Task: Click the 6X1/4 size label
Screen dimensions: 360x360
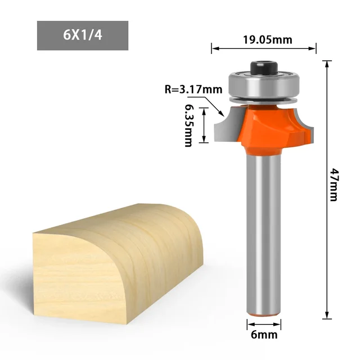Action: (82, 36)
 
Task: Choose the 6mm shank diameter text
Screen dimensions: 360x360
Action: (264, 335)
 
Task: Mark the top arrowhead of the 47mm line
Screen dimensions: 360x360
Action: (326, 63)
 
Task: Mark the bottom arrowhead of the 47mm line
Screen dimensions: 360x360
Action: (326, 317)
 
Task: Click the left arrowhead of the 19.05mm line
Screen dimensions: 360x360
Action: (214, 49)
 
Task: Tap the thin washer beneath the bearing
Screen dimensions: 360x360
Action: (264, 99)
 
